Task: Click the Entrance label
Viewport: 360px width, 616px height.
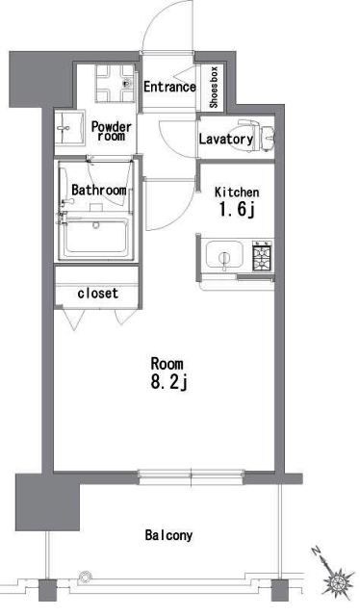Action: tap(169, 88)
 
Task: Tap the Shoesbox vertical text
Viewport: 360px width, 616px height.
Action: tap(214, 87)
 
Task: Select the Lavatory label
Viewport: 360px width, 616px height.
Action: tap(225, 140)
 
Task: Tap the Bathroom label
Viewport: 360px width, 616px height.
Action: tap(99, 191)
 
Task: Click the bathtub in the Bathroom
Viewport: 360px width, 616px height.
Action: tap(96, 236)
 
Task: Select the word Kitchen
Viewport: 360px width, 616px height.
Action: tap(237, 192)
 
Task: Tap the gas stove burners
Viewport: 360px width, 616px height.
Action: tap(262, 257)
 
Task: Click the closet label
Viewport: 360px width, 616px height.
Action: tap(97, 293)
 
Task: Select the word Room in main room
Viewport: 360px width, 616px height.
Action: tap(167, 364)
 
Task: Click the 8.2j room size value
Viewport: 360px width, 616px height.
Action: tap(167, 384)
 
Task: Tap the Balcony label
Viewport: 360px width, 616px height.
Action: tap(169, 535)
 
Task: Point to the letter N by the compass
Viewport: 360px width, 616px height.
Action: tap(316, 553)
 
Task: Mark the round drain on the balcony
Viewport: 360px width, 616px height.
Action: tap(85, 577)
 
